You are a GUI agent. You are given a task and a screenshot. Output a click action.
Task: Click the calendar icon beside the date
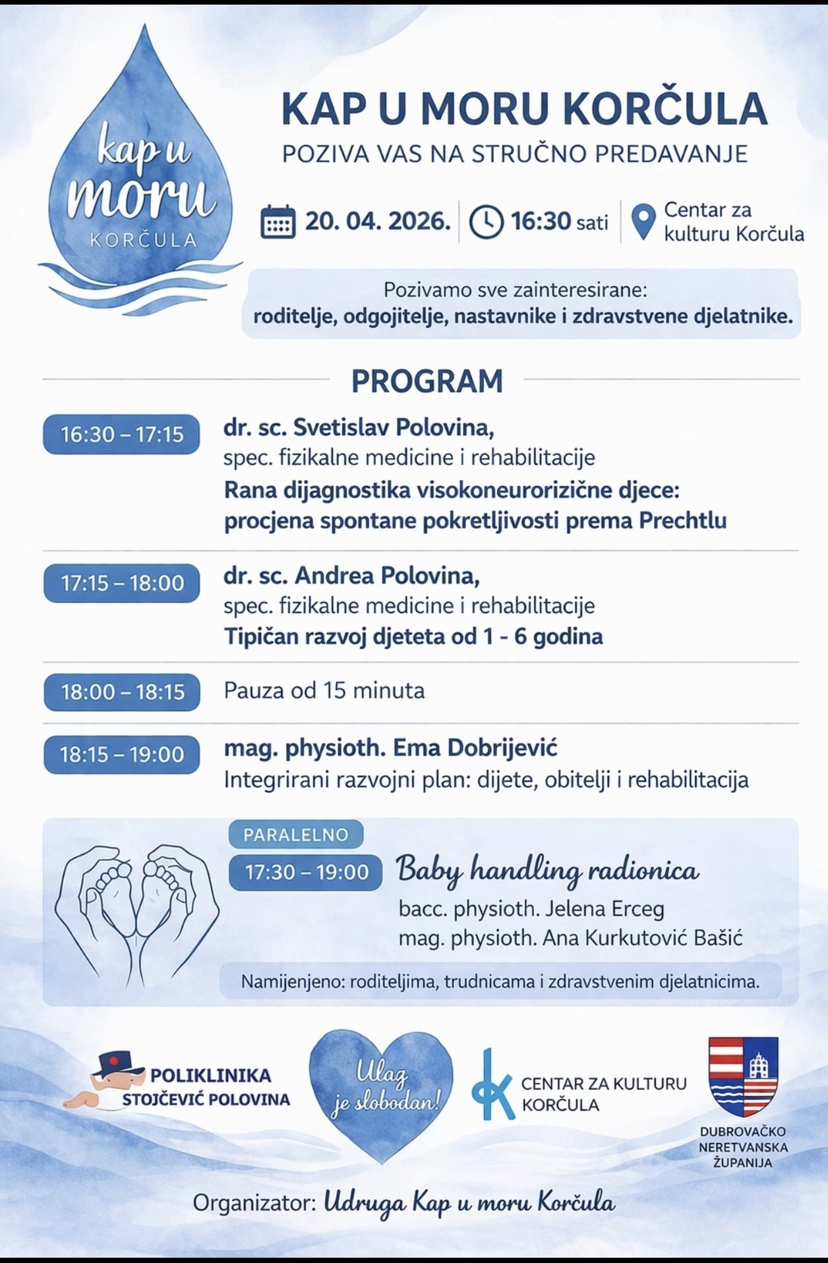(x=278, y=222)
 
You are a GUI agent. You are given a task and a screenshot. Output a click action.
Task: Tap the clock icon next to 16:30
(x=486, y=222)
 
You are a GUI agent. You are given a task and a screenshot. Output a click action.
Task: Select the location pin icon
(x=643, y=221)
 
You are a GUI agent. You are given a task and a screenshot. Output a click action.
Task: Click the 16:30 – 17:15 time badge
(x=122, y=434)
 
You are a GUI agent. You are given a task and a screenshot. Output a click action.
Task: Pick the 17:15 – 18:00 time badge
(x=122, y=583)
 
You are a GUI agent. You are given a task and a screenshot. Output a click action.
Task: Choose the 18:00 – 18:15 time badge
(x=122, y=692)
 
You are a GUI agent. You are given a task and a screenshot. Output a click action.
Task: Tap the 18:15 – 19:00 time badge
(x=122, y=755)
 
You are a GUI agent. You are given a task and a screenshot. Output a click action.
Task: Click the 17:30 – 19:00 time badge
(x=307, y=873)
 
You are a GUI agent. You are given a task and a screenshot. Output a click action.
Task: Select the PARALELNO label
(x=296, y=835)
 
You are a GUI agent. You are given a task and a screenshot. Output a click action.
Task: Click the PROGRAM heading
(x=427, y=381)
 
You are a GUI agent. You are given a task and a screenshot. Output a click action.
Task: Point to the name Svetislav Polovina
(x=394, y=428)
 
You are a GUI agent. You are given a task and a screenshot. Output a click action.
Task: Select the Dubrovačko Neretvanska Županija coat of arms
(x=743, y=1075)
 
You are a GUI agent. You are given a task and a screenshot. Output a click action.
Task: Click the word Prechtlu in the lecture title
(x=682, y=521)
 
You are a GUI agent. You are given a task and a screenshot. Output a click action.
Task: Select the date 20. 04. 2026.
(x=378, y=221)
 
